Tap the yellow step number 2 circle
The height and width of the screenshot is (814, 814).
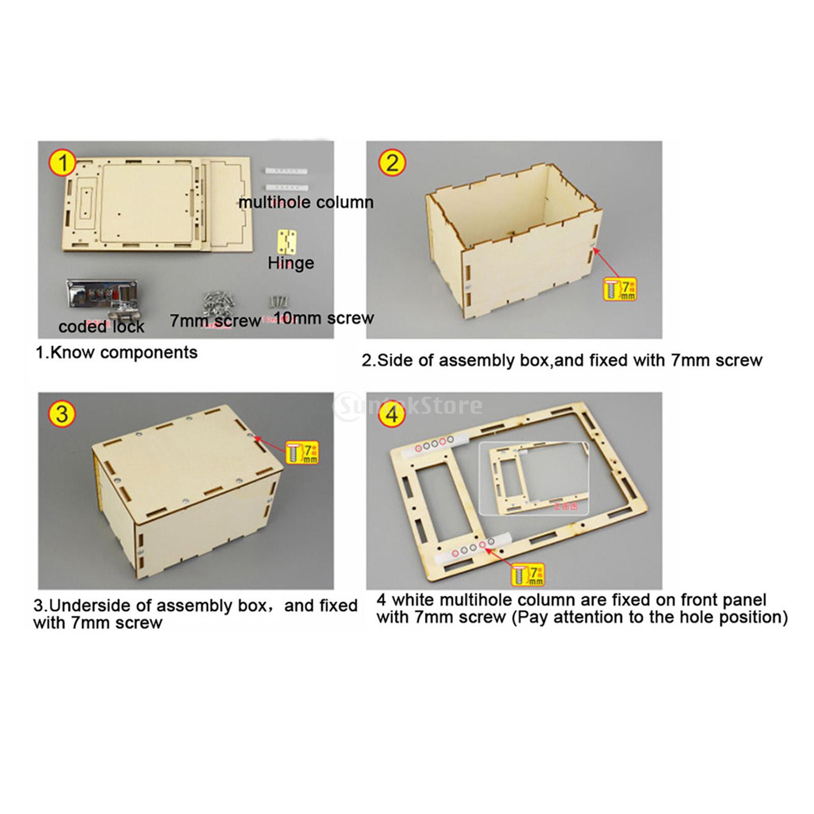click(x=392, y=164)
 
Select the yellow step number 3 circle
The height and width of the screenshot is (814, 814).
click(x=62, y=415)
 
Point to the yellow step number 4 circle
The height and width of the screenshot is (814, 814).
click(x=392, y=415)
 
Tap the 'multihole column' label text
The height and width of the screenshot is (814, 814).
click(x=306, y=202)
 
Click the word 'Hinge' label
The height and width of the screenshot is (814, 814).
click(x=290, y=263)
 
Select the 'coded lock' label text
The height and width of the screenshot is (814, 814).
click(x=101, y=327)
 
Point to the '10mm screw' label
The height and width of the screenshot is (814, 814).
click(x=326, y=318)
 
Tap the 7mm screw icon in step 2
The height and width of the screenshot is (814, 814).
click(x=619, y=289)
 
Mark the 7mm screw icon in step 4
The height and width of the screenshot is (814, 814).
click(x=527, y=574)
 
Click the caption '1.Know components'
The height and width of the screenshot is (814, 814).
click(x=116, y=353)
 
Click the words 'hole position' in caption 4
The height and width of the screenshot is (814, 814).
click(x=725, y=618)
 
